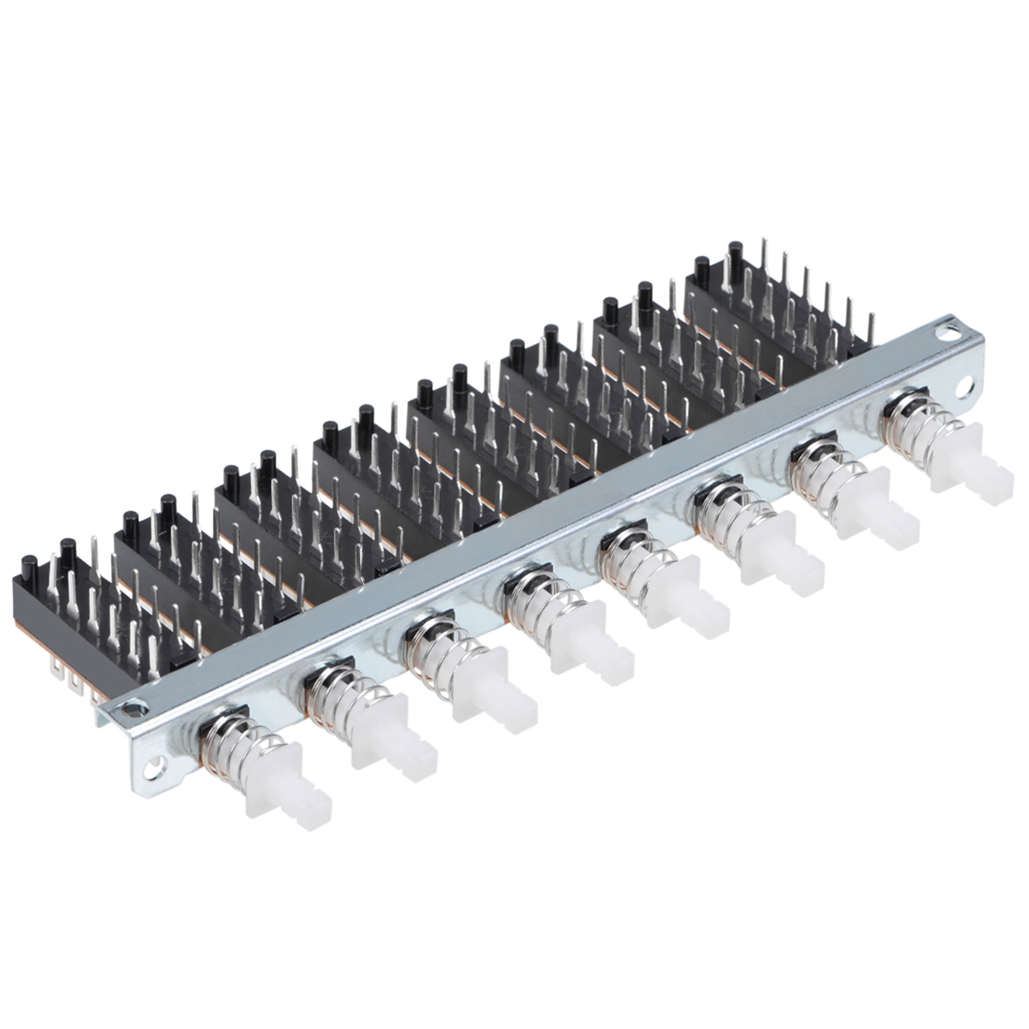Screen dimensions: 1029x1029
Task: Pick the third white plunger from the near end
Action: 493,685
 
